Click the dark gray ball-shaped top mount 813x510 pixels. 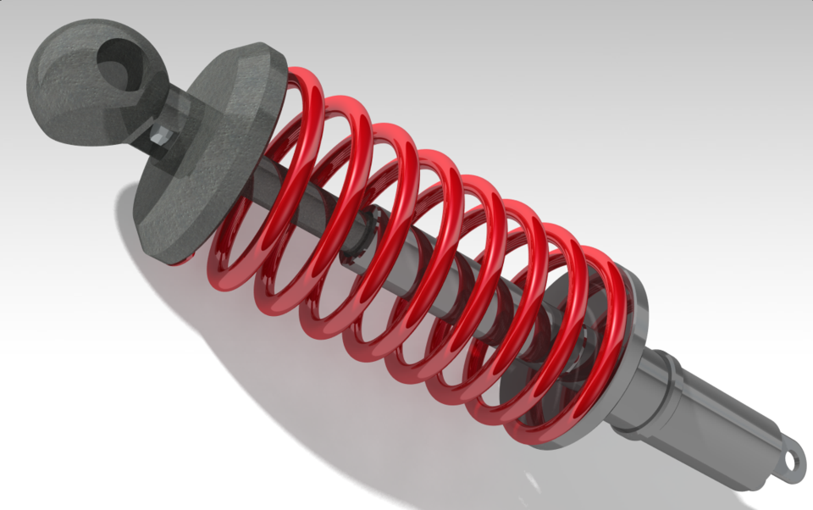point(68,93)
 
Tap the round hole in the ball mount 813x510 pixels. point(119,63)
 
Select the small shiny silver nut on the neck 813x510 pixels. point(160,134)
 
